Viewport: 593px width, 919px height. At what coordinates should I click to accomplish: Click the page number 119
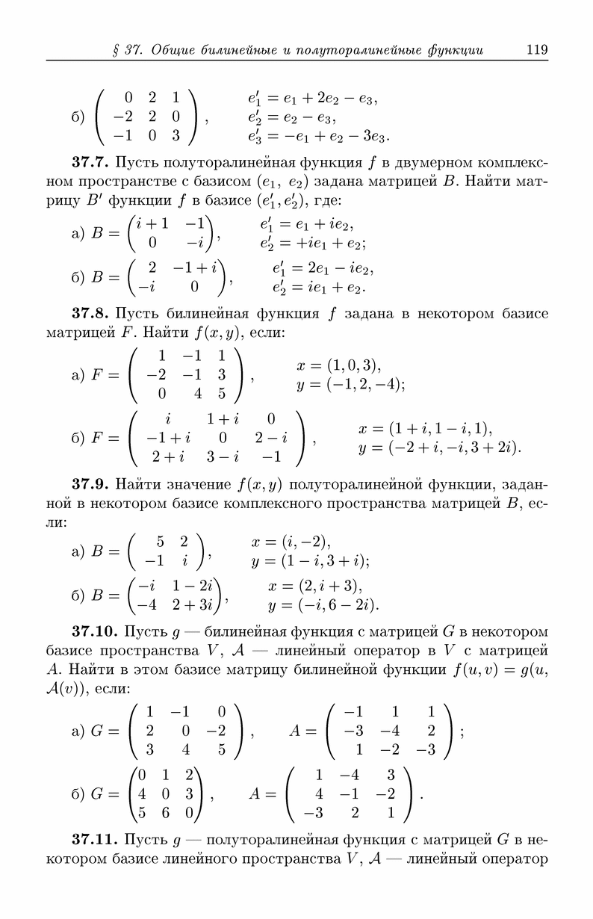[537, 50]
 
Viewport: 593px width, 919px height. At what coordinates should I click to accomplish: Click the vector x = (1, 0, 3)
[339, 366]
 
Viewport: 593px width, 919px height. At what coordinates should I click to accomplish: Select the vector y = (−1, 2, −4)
[350, 385]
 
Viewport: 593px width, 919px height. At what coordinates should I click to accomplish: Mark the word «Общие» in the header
[175, 51]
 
